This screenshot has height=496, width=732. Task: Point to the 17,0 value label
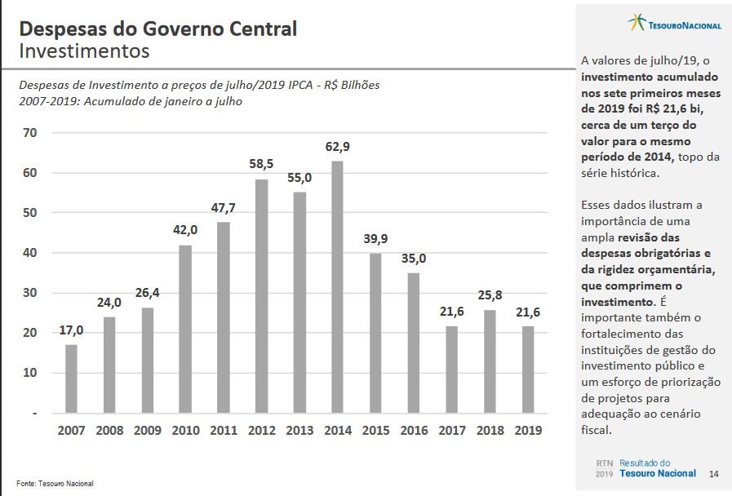(71, 330)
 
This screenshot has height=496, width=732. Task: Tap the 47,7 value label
(223, 207)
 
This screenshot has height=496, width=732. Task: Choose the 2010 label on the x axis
(185, 430)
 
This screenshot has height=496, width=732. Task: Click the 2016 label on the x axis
(414, 430)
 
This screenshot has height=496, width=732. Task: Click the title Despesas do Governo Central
(157, 29)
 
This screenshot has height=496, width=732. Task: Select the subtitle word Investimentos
(84, 51)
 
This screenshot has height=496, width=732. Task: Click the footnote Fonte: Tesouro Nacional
(55, 484)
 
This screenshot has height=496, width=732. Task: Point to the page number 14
(715, 474)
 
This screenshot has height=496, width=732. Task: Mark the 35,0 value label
(414, 259)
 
